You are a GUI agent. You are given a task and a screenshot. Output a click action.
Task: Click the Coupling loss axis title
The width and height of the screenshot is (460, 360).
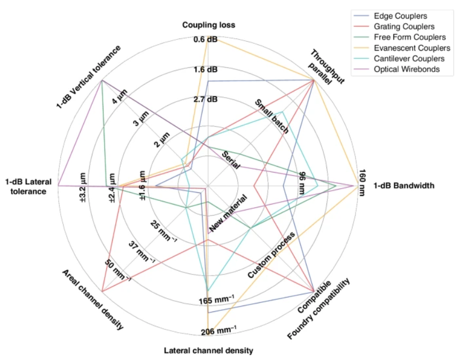tap(208, 25)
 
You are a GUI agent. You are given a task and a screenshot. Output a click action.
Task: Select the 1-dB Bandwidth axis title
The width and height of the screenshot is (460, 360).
tap(404, 186)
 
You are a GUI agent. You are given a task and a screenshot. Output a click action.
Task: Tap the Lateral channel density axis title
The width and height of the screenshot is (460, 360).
tap(208, 351)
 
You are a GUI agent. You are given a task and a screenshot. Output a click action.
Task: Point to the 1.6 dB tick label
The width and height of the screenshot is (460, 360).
tap(205, 69)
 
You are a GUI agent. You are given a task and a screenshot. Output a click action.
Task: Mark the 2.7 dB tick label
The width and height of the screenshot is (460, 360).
tap(205, 99)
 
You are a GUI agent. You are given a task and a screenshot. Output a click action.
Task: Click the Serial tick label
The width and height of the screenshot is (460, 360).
tap(230, 163)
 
